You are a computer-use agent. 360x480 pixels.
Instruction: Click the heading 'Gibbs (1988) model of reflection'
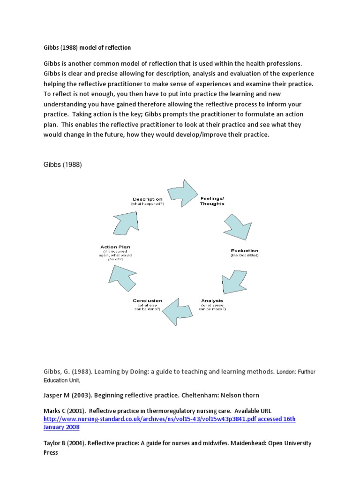coord(87,47)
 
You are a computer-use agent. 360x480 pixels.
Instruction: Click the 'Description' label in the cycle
coord(147,199)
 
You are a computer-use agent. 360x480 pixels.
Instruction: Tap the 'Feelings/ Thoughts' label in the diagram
coord(212,201)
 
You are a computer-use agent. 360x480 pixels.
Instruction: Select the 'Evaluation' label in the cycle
coord(244,251)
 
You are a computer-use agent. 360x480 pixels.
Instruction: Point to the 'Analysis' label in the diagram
coord(212,300)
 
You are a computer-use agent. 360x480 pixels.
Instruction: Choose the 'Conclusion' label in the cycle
coord(147,300)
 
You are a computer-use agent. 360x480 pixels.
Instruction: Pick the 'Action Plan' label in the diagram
coord(115,247)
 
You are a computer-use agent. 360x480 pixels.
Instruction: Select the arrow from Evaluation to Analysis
coord(234,281)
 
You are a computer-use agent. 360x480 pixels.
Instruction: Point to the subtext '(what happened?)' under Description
coord(147,204)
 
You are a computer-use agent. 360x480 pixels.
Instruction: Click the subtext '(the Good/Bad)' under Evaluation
coord(244,256)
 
